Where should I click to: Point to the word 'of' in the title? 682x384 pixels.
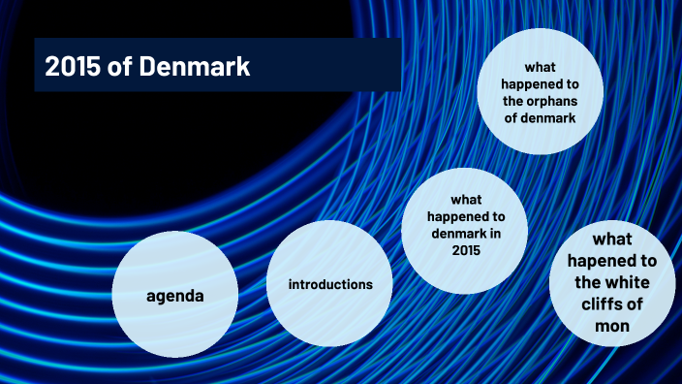(x=118, y=67)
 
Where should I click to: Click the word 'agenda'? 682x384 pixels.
(x=175, y=295)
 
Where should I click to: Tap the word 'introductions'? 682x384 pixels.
(x=330, y=285)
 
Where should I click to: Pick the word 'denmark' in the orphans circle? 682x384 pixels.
(x=546, y=117)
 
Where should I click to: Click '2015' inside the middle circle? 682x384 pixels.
(x=465, y=250)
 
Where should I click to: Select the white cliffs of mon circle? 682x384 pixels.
(x=613, y=282)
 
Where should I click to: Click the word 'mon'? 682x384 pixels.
(x=613, y=326)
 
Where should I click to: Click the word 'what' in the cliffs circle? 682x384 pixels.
(x=614, y=240)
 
